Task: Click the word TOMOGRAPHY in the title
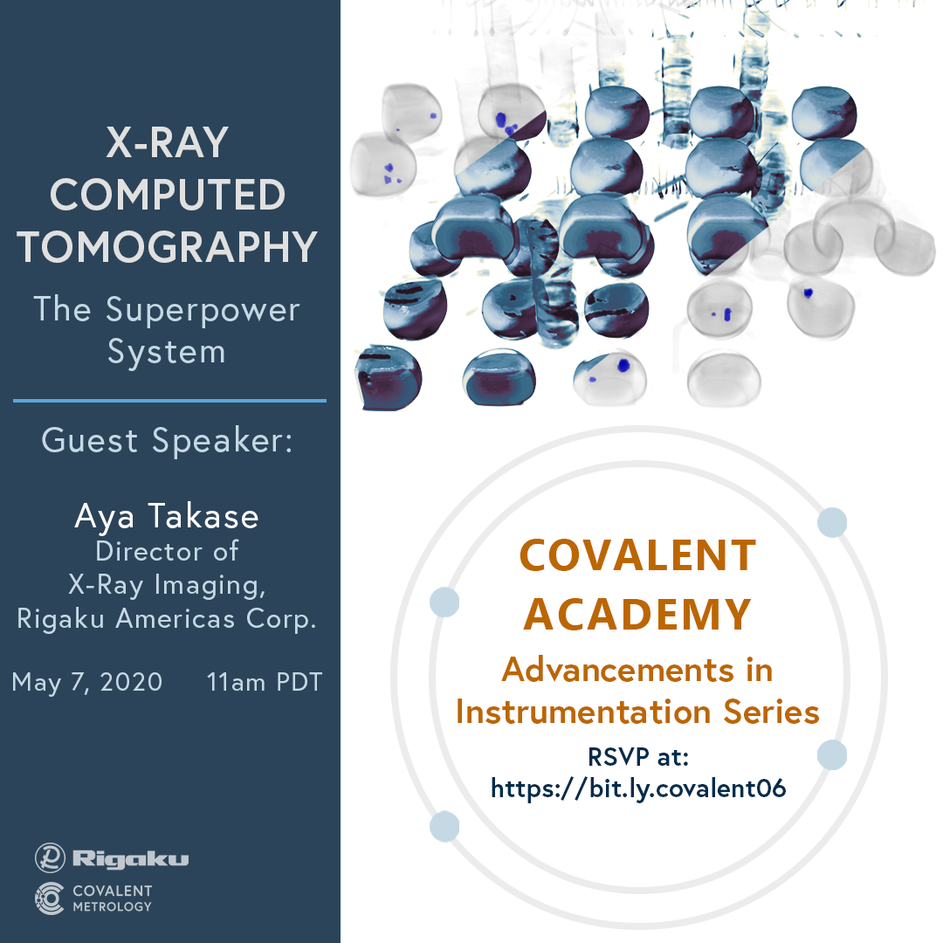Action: (x=167, y=247)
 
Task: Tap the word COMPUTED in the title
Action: (x=167, y=195)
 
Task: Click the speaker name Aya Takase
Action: (x=167, y=517)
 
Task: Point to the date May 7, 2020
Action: (x=87, y=683)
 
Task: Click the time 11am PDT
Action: (x=265, y=682)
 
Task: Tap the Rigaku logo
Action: (x=112, y=857)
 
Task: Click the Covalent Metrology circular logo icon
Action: (x=49, y=898)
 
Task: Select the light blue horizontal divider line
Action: (x=169, y=401)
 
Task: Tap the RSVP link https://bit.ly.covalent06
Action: (x=638, y=788)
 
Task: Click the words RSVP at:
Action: (x=638, y=756)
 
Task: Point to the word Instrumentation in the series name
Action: (x=583, y=712)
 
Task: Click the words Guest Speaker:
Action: (x=167, y=440)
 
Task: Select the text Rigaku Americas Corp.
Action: (x=167, y=618)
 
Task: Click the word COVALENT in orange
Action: (x=637, y=555)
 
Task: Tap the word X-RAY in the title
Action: (x=167, y=142)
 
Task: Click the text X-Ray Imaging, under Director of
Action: (x=167, y=584)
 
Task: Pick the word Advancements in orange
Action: (x=618, y=670)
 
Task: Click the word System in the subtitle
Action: (x=167, y=353)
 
